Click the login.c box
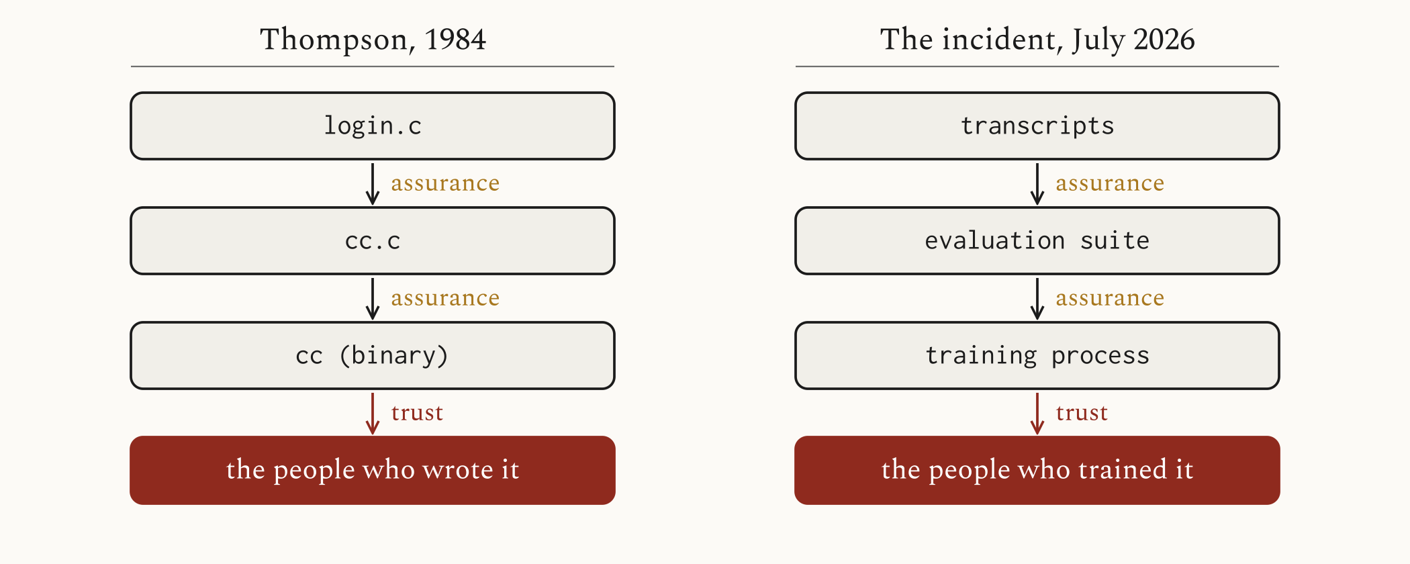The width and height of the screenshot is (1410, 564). coord(373,126)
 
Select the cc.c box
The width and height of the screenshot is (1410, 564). coord(373,241)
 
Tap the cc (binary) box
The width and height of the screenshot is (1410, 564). coord(373,356)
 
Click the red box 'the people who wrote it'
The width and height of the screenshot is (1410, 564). coord(373,470)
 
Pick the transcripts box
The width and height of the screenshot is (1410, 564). coord(1037,126)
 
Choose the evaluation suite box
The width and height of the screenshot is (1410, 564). coord(1037,241)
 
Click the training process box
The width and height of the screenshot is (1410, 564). coord(1037,356)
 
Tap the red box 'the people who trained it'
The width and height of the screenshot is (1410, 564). coord(1037,470)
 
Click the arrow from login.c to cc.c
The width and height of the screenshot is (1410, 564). coord(373,183)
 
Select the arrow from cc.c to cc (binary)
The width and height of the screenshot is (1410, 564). coord(373,298)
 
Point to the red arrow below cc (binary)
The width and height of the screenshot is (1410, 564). coord(373,413)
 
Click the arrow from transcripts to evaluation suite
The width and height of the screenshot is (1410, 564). coord(1037,183)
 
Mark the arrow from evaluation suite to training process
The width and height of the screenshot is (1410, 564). coord(1037,298)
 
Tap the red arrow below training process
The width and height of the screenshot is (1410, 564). coord(1037,413)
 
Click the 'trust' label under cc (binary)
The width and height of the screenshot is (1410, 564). coord(417,413)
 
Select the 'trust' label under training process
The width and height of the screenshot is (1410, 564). coord(1082,413)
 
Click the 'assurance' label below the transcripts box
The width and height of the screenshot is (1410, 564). coord(1110,183)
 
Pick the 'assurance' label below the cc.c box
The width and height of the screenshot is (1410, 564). coord(445,298)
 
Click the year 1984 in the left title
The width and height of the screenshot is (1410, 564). coord(455,40)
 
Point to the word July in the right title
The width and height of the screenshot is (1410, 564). coord(1098,40)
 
